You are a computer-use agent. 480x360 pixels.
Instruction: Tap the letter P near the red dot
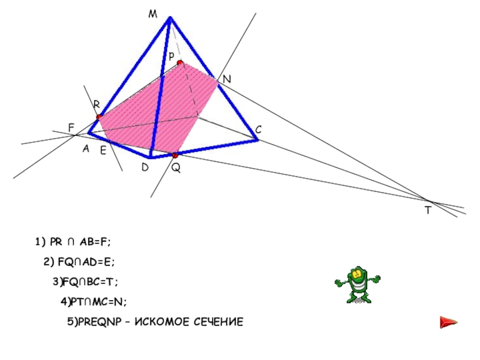(171, 56)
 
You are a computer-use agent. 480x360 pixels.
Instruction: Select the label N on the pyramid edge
(226, 79)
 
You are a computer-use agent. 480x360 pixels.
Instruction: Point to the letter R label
(96, 104)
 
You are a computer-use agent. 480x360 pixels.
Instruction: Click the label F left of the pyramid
(71, 128)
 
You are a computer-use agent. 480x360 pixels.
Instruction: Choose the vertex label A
(86, 150)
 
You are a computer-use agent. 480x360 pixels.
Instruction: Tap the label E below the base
(103, 151)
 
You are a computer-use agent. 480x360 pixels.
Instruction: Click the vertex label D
(145, 168)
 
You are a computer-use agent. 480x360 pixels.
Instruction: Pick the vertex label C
(258, 130)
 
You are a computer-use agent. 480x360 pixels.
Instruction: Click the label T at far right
(428, 211)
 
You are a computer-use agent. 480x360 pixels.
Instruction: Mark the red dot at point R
(99, 118)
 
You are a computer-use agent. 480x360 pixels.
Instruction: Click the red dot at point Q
(175, 155)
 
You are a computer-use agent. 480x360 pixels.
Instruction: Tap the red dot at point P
(179, 62)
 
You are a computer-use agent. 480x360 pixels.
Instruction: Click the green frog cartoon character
(357, 284)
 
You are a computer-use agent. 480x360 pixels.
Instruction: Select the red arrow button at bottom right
(448, 323)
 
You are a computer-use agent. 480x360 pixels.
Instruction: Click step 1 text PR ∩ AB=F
(73, 241)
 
